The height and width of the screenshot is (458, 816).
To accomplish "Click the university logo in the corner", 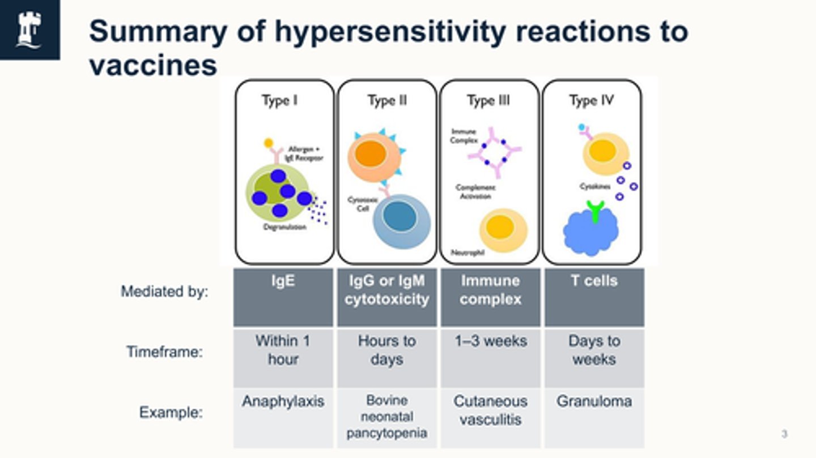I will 29,29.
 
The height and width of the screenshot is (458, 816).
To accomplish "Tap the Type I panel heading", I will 279,101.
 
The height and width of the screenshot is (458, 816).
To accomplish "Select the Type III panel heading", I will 488,101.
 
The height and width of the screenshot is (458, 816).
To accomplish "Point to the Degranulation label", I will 284,227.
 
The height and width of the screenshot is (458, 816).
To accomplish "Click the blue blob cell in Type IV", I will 590,232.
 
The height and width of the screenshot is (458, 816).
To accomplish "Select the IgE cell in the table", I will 283,297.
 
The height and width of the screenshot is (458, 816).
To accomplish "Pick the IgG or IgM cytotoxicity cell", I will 387,297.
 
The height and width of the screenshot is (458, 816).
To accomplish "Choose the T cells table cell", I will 594,297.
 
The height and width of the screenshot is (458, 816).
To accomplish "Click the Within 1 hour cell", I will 283,358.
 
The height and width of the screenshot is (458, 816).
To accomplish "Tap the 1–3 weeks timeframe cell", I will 490,358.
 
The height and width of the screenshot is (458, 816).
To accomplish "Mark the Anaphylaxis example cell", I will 283,418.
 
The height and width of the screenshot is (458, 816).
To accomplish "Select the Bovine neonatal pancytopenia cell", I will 387,418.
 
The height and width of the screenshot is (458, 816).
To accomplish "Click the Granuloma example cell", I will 594,418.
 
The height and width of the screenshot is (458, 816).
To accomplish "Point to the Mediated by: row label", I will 164,292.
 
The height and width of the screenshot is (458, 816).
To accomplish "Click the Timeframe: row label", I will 164,352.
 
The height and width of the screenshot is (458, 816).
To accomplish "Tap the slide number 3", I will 785,435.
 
